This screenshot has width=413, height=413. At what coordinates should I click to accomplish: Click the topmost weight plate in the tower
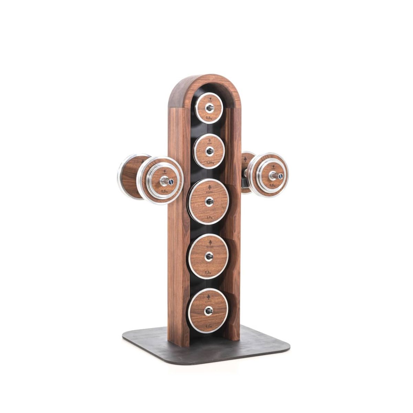pyautogui.click(x=209, y=108)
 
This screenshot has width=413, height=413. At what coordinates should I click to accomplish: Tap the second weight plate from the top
pyautogui.click(x=209, y=151)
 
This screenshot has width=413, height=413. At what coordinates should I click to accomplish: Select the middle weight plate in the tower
pyautogui.click(x=209, y=201)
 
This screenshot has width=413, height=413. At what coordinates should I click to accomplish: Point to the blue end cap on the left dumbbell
pyautogui.click(x=171, y=181)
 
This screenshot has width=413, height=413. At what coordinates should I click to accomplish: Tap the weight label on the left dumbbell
pyautogui.click(x=165, y=191)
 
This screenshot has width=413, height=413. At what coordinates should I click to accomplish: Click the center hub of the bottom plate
pyautogui.click(x=208, y=311)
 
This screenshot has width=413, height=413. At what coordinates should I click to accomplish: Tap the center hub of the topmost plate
pyautogui.click(x=210, y=108)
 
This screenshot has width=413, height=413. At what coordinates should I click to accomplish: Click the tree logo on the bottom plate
pyautogui.click(x=208, y=297)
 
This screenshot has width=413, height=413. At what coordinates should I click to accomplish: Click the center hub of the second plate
pyautogui.click(x=209, y=151)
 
